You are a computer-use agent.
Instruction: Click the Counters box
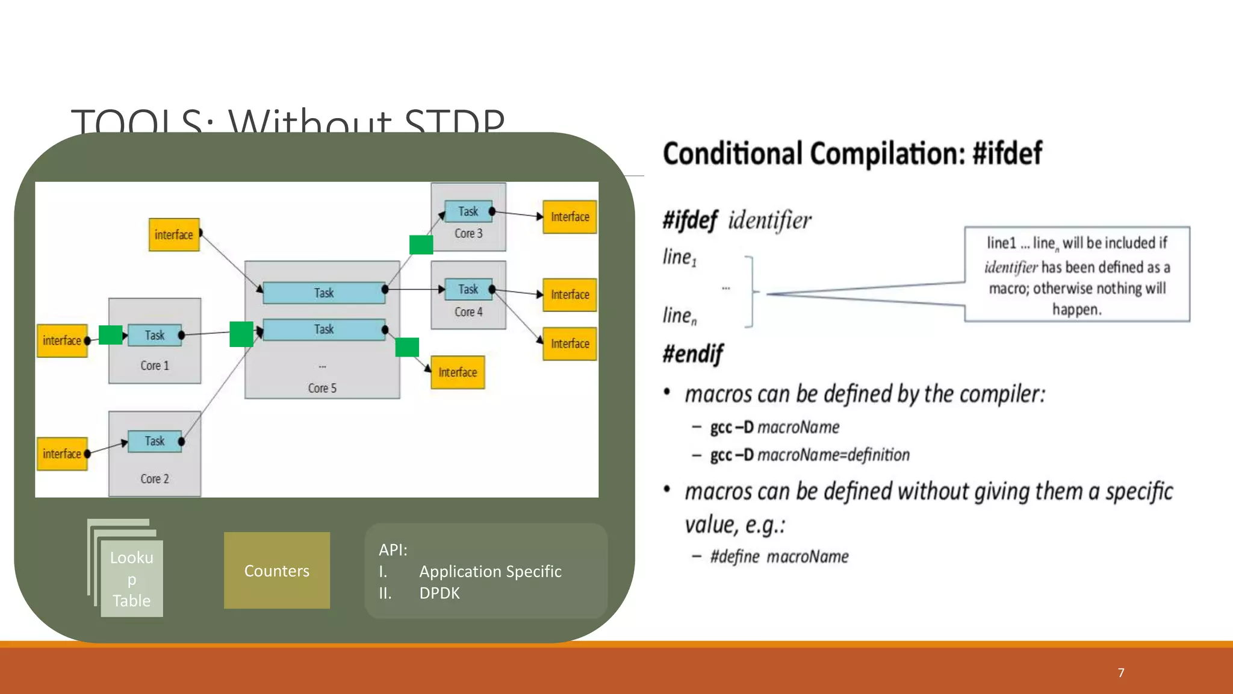276,570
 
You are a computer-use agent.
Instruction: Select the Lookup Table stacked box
131,578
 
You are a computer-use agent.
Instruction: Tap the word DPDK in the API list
439,593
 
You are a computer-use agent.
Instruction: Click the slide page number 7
1120,672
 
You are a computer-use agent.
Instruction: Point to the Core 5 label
322,388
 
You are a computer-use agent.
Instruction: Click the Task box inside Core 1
155,335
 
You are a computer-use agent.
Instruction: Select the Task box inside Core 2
155,441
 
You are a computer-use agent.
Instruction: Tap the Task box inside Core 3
468,211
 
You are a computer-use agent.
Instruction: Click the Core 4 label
468,312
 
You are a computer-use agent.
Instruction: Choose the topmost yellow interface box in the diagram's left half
174,234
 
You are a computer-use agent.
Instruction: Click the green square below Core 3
421,245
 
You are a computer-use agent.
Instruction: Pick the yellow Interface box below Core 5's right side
458,372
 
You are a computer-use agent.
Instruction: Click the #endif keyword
692,354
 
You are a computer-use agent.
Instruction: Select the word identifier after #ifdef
769,220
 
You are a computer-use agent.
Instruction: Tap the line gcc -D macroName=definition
809,455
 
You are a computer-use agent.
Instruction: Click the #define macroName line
779,556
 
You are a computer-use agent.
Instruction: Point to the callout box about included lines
1076,275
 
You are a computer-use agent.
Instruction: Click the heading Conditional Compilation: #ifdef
852,154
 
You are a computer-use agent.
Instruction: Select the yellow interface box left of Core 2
62,454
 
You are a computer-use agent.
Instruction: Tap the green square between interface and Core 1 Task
110,335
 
